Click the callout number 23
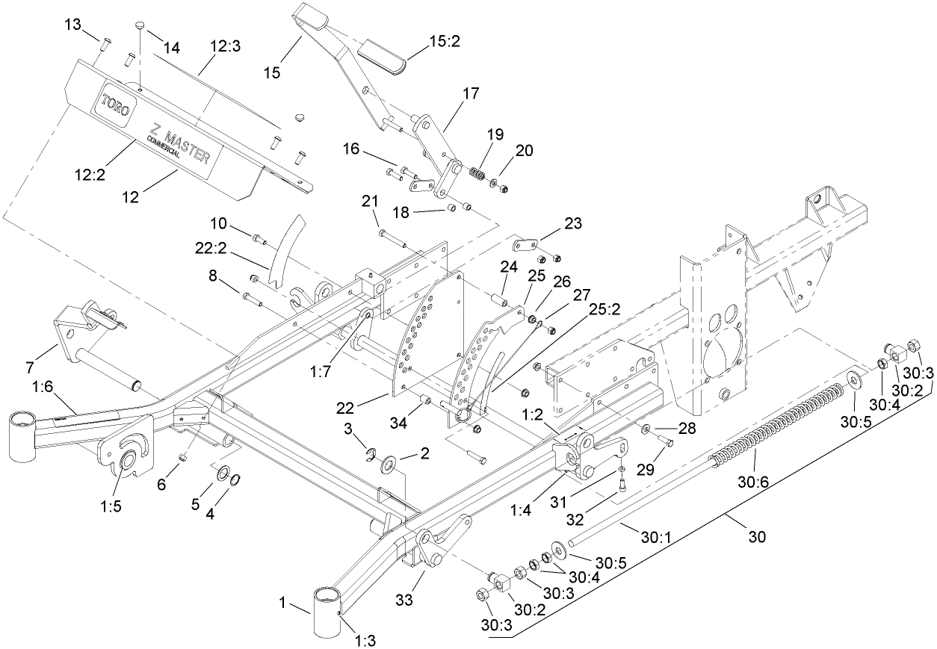click(x=572, y=223)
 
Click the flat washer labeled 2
click(x=389, y=467)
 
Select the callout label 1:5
click(x=110, y=505)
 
